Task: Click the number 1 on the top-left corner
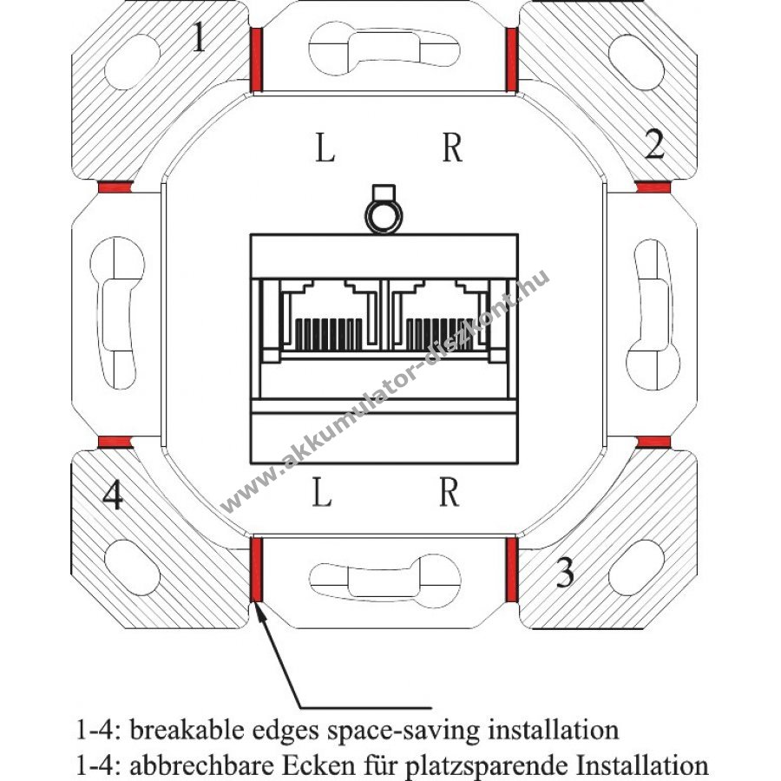199,38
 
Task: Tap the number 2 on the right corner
655,144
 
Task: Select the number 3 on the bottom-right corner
565,573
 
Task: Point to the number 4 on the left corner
112,496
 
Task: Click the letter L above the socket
325,149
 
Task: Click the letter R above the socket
451,149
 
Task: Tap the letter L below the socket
322,494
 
